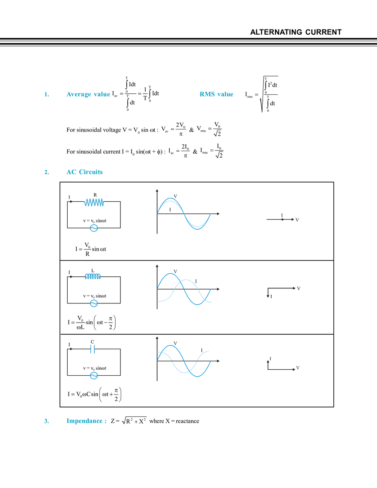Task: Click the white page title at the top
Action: (x=193, y=55)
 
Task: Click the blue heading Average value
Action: (x=89, y=95)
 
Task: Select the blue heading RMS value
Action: (x=217, y=95)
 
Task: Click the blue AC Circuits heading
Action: (x=85, y=172)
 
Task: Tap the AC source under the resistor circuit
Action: (x=94, y=228)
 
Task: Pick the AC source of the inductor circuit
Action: (x=94, y=303)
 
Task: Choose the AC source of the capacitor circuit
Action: (x=94, y=375)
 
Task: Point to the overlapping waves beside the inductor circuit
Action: (x=185, y=290)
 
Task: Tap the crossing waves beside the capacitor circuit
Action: (x=185, y=362)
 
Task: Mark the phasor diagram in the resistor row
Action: (x=283, y=219)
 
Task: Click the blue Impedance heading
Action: (x=87, y=421)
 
